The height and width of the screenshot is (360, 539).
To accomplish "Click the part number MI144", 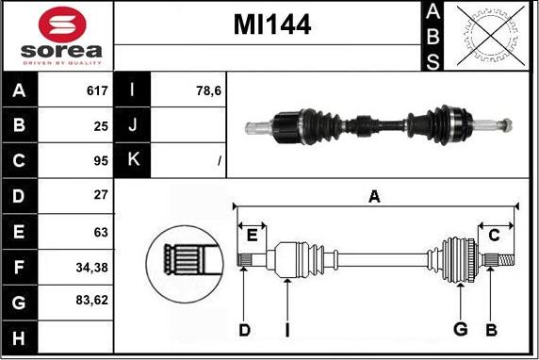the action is pos(272,25).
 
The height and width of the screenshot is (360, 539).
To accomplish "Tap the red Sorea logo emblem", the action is pos(62,25).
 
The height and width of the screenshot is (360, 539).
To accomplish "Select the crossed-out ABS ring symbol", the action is pos(491,36).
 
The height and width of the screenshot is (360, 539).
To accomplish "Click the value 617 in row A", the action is pos(97,90).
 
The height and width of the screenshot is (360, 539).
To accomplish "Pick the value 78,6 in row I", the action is pos(208,90).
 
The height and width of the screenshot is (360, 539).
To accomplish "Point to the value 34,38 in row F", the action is pos(91,268).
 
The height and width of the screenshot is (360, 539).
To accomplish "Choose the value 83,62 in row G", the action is pos(91,301).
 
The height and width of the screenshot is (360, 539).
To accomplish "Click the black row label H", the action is pos(19,337).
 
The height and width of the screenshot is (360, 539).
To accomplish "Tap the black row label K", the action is pos(132,160).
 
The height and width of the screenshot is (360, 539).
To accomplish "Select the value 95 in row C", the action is pos(101,161).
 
